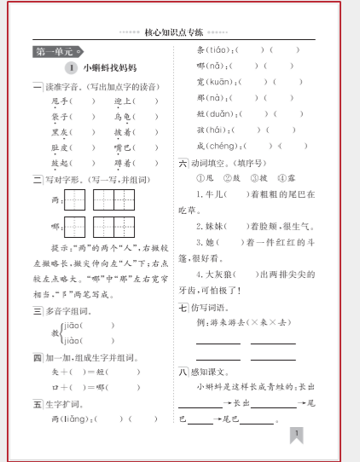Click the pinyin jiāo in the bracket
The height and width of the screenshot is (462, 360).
72,325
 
